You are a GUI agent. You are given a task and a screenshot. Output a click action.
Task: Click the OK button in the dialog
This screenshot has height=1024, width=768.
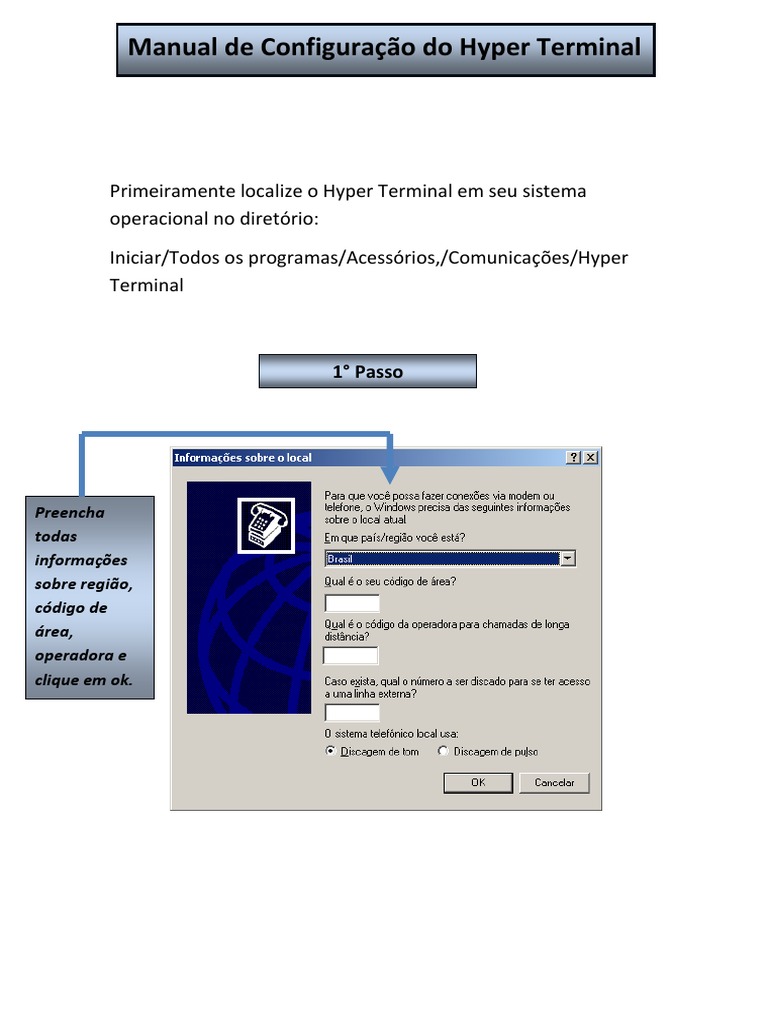(x=478, y=782)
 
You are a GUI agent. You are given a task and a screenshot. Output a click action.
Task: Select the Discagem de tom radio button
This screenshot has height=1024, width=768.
(x=331, y=751)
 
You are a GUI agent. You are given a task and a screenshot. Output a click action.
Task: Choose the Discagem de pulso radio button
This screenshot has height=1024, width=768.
(x=443, y=751)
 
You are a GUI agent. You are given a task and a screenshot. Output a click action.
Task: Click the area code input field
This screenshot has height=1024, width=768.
(x=352, y=603)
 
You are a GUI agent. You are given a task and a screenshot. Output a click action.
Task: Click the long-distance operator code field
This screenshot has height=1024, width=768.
(x=351, y=656)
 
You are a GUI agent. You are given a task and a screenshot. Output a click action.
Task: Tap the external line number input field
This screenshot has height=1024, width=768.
(x=352, y=713)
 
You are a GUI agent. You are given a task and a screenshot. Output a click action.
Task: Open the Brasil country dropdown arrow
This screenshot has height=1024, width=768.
(x=568, y=558)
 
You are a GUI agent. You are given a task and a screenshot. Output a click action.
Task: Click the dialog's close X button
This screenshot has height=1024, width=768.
(x=591, y=457)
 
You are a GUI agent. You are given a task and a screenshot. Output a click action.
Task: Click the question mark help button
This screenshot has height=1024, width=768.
(x=574, y=457)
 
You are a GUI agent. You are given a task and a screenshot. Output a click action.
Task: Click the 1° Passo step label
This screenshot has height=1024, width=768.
(x=367, y=372)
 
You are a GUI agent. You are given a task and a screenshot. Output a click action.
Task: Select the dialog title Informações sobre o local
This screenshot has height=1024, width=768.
(x=243, y=458)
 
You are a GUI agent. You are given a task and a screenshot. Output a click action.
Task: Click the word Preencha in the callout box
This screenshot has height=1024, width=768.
(x=69, y=512)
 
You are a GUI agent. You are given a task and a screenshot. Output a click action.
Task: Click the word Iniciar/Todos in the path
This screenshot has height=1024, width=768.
(x=164, y=258)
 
